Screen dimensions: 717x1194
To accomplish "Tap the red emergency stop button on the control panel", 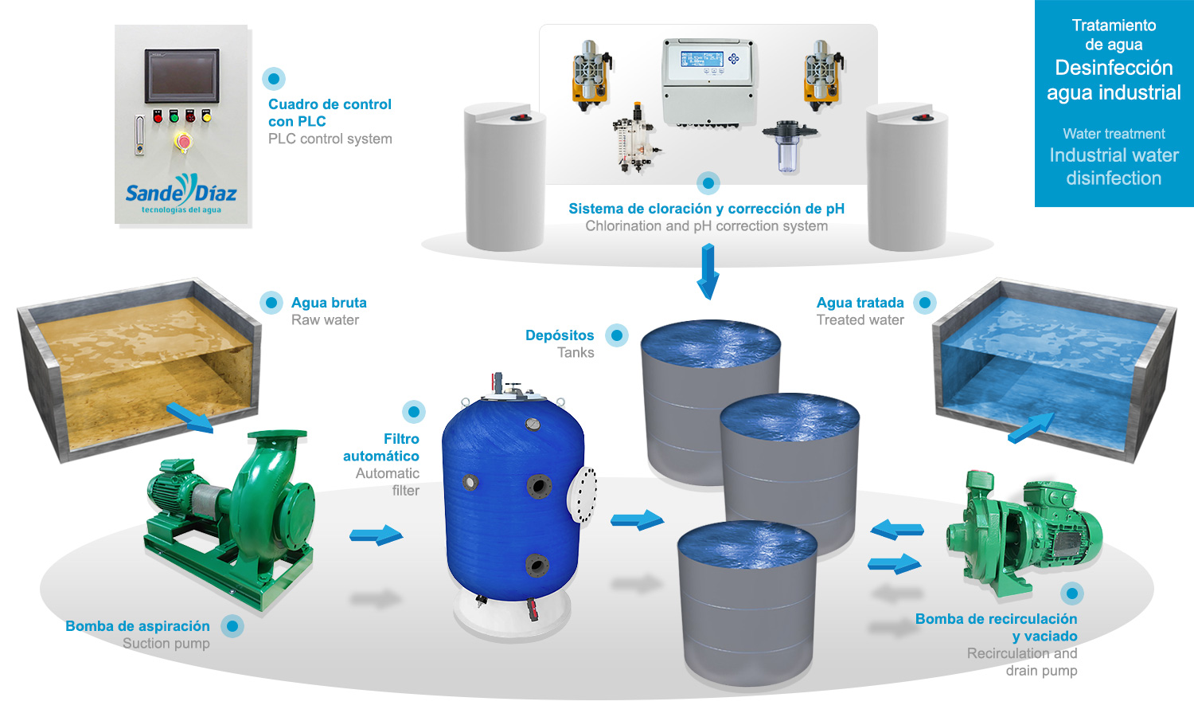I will (x=183, y=143).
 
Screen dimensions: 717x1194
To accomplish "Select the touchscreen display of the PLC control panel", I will (x=181, y=76).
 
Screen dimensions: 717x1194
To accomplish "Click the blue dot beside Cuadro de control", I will (x=274, y=79).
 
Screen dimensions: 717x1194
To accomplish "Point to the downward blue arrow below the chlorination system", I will (x=707, y=271).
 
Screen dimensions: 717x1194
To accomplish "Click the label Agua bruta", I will (x=329, y=303).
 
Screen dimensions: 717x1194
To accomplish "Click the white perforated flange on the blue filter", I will (x=583, y=494).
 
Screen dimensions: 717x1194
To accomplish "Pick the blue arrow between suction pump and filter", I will (x=377, y=535).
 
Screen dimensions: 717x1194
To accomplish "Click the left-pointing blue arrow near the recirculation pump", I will (x=897, y=529).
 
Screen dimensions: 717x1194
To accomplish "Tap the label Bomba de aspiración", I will (x=138, y=626).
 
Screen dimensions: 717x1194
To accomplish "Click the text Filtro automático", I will (x=382, y=448).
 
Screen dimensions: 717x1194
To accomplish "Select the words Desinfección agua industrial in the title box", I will (x=1114, y=80).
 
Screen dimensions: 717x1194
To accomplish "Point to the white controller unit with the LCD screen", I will (x=708, y=81).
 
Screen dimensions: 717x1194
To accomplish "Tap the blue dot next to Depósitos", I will (x=617, y=335).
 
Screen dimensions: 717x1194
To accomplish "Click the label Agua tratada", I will (x=860, y=303).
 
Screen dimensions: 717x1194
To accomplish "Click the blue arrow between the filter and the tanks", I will (x=637, y=520).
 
